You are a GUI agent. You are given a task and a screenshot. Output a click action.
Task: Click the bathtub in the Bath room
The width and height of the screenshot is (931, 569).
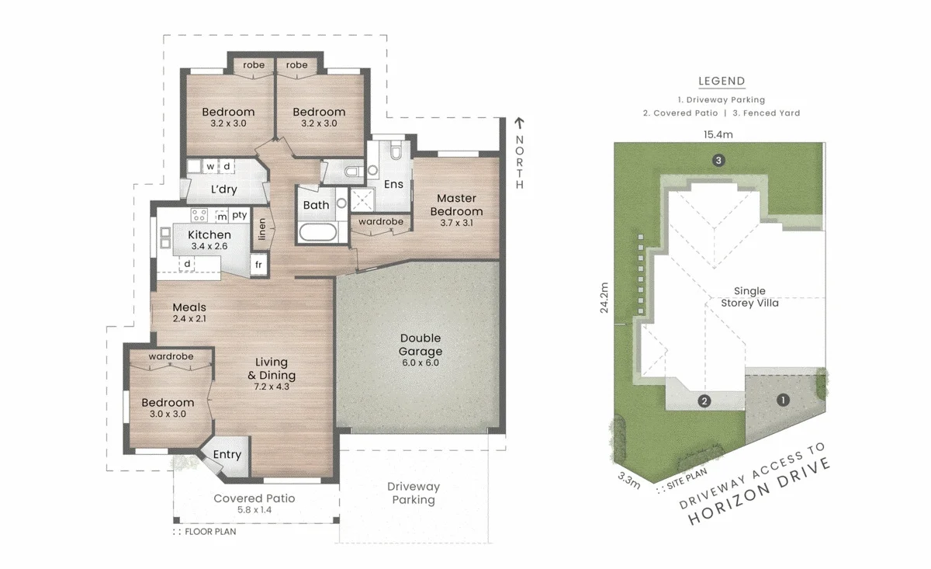coord(317,232)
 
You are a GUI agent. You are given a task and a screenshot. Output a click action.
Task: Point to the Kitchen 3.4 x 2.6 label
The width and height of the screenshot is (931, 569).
coord(209,240)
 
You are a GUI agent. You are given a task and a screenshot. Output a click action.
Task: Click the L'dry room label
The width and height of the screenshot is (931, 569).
coord(223,189)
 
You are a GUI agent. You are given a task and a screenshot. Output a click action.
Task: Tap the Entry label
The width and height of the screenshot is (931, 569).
coord(227,455)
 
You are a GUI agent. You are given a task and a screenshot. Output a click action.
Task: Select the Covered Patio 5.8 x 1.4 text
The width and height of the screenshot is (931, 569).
coord(254,504)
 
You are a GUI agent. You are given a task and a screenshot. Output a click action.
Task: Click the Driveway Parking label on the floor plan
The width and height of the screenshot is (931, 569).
coord(414,493)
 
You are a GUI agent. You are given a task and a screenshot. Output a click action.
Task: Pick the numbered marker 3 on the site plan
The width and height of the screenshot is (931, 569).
coord(719,161)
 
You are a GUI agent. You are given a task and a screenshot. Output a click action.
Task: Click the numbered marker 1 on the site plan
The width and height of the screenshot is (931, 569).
coord(783,400)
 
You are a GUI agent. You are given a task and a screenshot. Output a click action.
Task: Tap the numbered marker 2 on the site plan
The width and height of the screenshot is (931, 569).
coord(704,401)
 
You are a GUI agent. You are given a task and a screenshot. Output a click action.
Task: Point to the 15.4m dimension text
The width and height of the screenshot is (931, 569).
coord(718,135)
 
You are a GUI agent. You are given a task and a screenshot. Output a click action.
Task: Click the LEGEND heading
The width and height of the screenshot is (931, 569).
coord(722,81)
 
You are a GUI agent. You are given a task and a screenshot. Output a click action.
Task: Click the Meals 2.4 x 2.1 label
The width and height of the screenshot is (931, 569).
coord(189,313)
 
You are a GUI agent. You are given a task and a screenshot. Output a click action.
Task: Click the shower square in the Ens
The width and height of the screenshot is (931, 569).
coord(362,200)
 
